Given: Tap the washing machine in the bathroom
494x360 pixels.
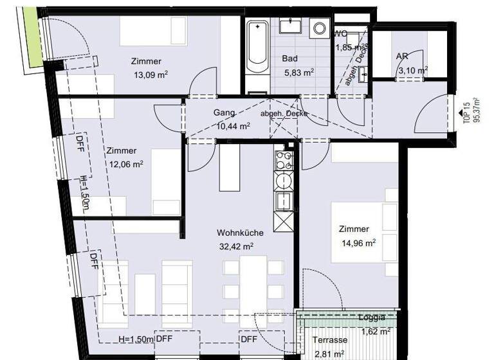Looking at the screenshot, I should click(x=318, y=28).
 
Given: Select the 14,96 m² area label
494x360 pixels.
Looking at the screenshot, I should click(x=359, y=242).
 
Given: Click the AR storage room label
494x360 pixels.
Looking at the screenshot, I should click(x=402, y=57).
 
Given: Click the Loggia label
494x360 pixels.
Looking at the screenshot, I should click(x=372, y=318).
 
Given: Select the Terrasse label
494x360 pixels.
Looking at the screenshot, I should click(x=330, y=340).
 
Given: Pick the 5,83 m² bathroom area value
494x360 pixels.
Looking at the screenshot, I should click(x=298, y=72).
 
